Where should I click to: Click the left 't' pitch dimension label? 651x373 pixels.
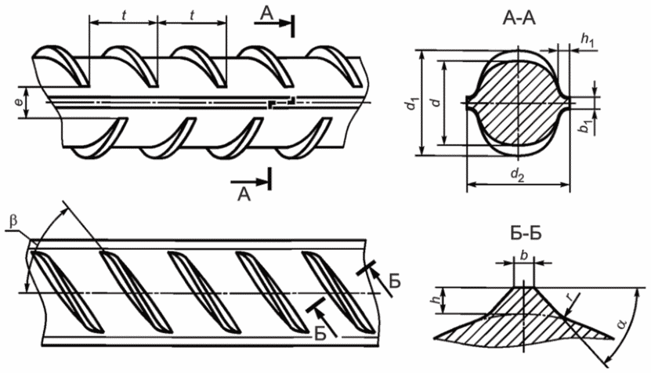pos(124,15)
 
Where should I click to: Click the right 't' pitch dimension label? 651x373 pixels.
pos(192,15)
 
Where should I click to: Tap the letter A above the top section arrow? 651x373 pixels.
pos(267,13)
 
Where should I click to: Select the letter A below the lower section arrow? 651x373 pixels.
pos(244,194)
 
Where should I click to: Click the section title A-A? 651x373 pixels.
pos(519,19)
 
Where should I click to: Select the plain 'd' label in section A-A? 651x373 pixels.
pos(435,101)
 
